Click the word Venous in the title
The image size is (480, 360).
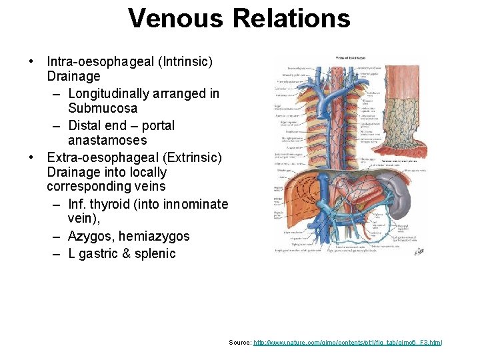coord(175,18)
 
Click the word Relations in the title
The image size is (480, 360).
coord(291,18)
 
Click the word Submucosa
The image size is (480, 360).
coord(103,109)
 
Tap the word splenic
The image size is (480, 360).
coord(154,254)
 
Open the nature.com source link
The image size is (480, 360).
coord(347,342)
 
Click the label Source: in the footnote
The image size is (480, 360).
coord(240,342)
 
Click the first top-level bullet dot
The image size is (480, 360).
coord(31,62)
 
